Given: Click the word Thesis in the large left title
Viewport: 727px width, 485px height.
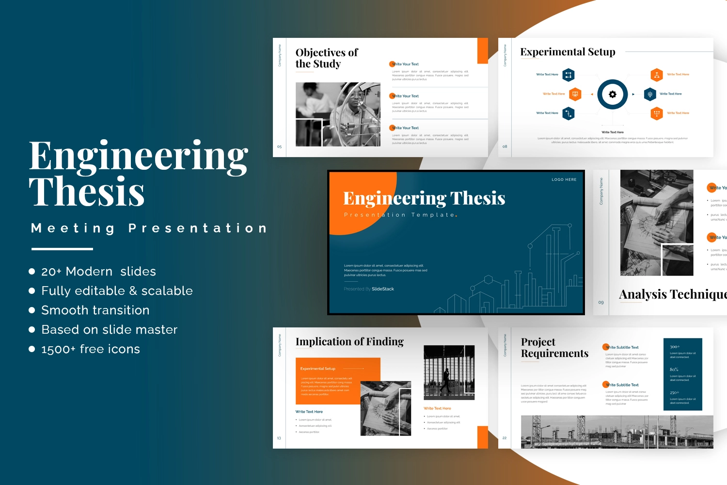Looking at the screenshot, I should click(87, 192).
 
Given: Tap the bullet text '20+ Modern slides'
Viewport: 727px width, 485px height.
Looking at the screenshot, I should click(98, 272).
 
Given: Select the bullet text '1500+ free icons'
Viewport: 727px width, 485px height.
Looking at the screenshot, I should click(91, 349).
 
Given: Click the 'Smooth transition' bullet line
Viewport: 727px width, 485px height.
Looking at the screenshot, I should click(95, 310).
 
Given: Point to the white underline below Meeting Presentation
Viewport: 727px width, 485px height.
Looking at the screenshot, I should click(62, 249).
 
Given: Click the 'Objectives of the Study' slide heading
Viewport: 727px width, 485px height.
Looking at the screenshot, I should click(326, 58).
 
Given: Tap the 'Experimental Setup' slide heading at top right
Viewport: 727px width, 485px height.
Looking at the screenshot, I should click(568, 52).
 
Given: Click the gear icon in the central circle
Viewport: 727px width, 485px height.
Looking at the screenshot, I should click(613, 95).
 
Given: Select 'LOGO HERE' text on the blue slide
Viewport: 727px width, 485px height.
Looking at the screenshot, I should click(564, 179).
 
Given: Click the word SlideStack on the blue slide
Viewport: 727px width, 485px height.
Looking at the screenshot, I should click(383, 289).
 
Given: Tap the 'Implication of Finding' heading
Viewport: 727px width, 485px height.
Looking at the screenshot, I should click(349, 342).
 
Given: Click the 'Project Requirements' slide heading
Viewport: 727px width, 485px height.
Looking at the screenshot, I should click(554, 348).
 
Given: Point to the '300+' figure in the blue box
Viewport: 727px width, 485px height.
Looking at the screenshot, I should click(675, 347).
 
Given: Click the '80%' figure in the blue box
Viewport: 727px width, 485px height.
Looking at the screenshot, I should click(674, 370).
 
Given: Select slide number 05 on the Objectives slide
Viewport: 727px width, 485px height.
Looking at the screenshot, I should click(279, 146).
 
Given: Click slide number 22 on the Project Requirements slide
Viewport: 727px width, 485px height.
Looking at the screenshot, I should click(505, 438).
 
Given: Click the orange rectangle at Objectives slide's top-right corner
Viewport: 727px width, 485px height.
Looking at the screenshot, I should click(482, 51).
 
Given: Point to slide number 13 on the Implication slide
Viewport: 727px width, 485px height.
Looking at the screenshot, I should click(279, 438).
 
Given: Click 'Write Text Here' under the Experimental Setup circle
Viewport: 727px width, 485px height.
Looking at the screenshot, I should click(613, 132).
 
